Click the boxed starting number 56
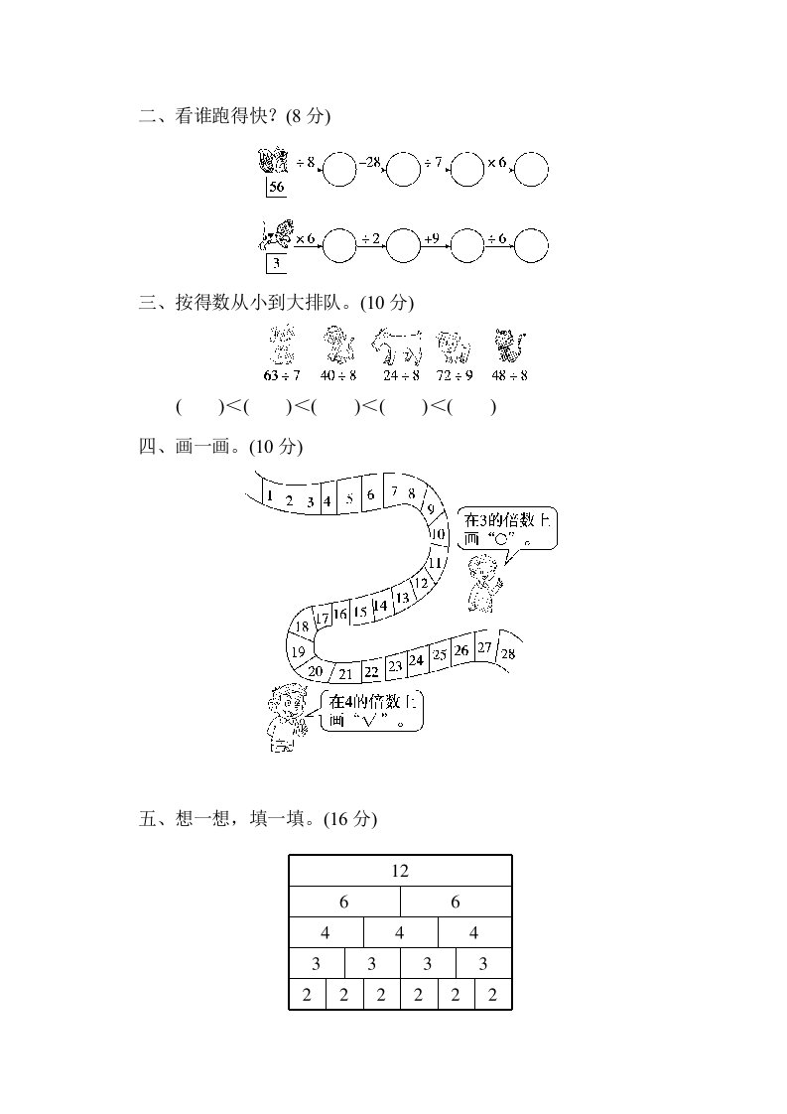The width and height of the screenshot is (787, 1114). [276, 189]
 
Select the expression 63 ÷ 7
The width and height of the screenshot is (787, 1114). [282, 376]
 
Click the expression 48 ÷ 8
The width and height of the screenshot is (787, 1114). [511, 376]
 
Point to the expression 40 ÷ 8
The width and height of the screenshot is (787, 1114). [339, 376]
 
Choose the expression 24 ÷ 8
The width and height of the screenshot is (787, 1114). [400, 376]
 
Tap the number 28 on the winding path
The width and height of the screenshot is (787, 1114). [508, 653]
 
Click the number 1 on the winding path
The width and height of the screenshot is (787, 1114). [269, 494]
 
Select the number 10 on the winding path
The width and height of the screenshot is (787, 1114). [437, 534]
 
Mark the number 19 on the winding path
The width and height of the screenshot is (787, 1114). [297, 651]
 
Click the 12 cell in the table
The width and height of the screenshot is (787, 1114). [400, 871]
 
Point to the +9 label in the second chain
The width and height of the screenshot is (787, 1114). [432, 238]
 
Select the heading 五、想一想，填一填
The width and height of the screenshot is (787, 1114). [258, 819]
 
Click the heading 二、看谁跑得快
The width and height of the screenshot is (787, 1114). [234, 117]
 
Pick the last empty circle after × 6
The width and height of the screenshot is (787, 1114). [531, 170]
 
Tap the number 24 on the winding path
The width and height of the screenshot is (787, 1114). [416, 659]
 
